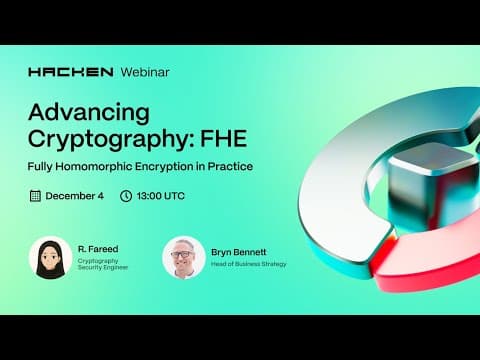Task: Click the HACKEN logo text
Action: pos(70,73)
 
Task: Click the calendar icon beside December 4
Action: pos(35,196)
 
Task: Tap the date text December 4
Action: pos(73,196)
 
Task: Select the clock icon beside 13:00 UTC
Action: pos(125,196)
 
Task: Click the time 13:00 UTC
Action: pos(163,196)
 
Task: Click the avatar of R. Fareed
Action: pos(51,258)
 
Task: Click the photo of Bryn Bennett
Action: pos(183,258)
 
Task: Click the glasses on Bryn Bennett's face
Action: pos(183,254)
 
